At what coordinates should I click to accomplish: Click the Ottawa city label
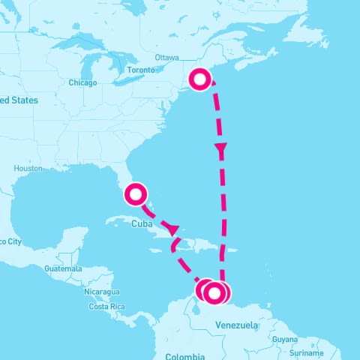pyautogui.click(x=166, y=58)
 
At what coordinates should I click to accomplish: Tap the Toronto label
pyautogui.click(x=141, y=70)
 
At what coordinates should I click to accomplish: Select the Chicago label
pyautogui.click(x=82, y=82)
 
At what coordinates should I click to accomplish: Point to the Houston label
pyautogui.click(x=28, y=168)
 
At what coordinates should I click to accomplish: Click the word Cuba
pyautogui.click(x=143, y=223)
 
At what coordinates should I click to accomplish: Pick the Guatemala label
pyautogui.click(x=64, y=268)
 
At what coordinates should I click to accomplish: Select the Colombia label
pyautogui.click(x=184, y=356)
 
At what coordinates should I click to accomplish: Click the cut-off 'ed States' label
pyautogui.click(x=19, y=100)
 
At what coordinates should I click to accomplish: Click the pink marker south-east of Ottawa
pyautogui.click(x=199, y=78)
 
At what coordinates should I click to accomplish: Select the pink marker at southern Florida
pyautogui.click(x=136, y=194)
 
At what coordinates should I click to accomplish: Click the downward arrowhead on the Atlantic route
pyautogui.click(x=220, y=151)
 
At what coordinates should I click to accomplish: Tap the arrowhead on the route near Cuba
pyautogui.click(x=172, y=228)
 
